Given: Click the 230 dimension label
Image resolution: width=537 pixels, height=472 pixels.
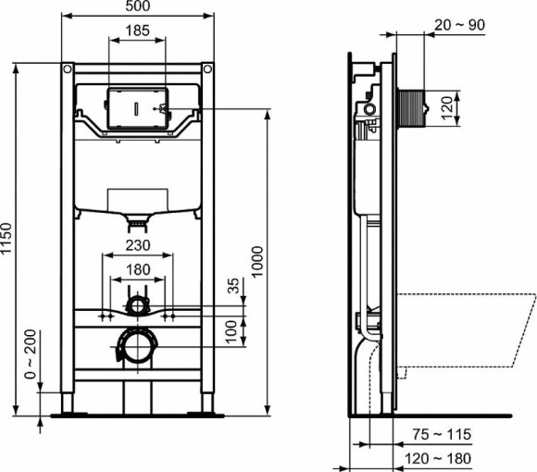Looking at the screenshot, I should click(137, 245).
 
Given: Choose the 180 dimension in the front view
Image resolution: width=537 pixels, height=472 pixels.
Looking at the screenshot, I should click(137, 269).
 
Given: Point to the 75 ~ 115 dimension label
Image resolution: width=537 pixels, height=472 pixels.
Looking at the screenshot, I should click(442, 434).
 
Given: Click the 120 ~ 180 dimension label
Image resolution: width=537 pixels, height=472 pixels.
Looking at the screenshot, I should click(442, 458).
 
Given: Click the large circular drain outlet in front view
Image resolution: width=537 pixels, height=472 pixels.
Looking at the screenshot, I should click(138, 347).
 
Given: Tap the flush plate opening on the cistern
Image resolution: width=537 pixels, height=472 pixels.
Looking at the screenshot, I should click(137, 108).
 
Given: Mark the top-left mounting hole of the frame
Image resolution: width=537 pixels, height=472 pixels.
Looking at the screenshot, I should click(67, 70).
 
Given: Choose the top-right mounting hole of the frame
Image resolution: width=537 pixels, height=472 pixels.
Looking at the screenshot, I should click(207, 70).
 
